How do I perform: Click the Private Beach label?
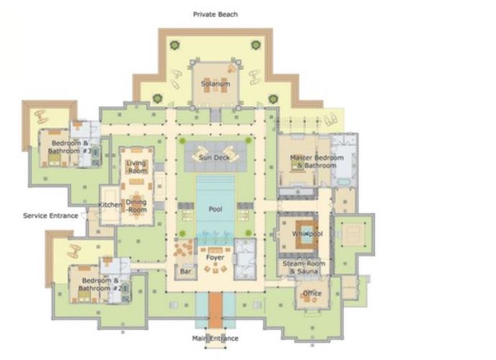click(x=216, y=14)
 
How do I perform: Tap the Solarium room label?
click(x=216, y=84)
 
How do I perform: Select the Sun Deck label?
click(x=214, y=157)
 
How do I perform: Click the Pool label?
click(x=215, y=209)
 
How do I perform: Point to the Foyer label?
click(x=215, y=257)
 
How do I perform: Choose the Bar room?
click(x=186, y=272)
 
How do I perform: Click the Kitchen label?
click(x=110, y=205)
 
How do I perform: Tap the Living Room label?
click(x=137, y=167)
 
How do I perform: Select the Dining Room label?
click(x=137, y=206)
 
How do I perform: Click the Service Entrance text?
click(x=50, y=216)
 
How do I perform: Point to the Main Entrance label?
click(x=215, y=338)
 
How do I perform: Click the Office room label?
click(x=312, y=293)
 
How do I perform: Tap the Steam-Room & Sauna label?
click(x=303, y=267)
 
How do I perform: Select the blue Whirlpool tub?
click(x=306, y=234)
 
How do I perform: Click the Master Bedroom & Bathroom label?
click(x=316, y=161)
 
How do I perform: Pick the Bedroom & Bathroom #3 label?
click(x=70, y=147)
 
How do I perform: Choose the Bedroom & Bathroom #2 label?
click(x=100, y=284)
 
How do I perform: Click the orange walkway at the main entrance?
click(x=216, y=310)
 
